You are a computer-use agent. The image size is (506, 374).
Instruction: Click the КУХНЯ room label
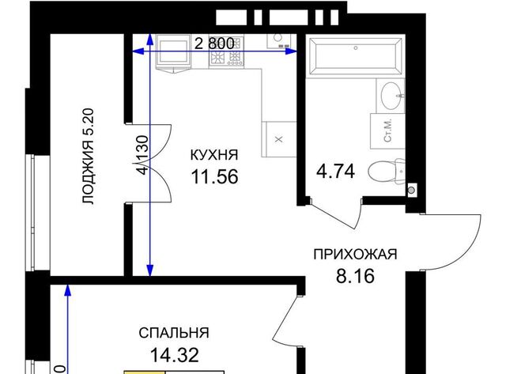coord(214,155)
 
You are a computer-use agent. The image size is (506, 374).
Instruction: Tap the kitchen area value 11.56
coord(214,177)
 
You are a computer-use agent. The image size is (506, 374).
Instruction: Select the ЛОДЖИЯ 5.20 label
coord(88,157)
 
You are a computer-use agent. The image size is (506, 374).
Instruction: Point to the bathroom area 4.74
coord(335,172)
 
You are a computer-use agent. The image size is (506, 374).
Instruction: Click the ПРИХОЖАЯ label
coord(355,255)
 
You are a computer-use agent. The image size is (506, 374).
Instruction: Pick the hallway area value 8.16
coord(355,276)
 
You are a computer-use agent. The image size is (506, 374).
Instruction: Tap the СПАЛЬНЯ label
coord(174,333)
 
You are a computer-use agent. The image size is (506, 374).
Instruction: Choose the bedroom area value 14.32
coord(174,355)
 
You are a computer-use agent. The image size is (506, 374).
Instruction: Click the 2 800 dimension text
coord(214,43)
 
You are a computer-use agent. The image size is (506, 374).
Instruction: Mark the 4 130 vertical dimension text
coord(143,155)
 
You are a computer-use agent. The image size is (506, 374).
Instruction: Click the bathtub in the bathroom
coord(355,56)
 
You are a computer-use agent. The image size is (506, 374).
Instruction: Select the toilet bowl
coord(387,172)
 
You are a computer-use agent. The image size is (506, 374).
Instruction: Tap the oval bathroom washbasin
coord(392,96)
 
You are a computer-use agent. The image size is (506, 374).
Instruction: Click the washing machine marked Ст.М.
coord(387,131)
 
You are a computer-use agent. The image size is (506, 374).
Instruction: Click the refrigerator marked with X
coord(279,139)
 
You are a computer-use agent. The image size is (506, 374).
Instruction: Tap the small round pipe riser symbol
coord(411,191)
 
